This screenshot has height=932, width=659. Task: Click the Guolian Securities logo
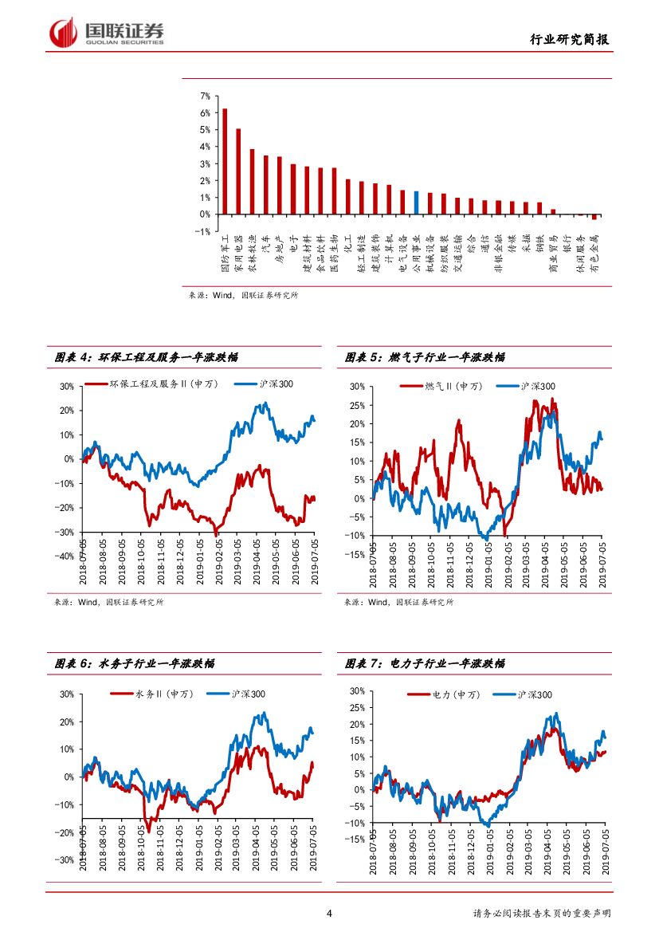107,33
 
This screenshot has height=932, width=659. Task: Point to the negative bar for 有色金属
594,217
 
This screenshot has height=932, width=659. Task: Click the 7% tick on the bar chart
206,96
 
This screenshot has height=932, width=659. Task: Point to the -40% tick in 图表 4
65,556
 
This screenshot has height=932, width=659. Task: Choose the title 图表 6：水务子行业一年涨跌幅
135,663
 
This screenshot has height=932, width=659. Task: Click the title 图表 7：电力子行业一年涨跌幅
425,663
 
